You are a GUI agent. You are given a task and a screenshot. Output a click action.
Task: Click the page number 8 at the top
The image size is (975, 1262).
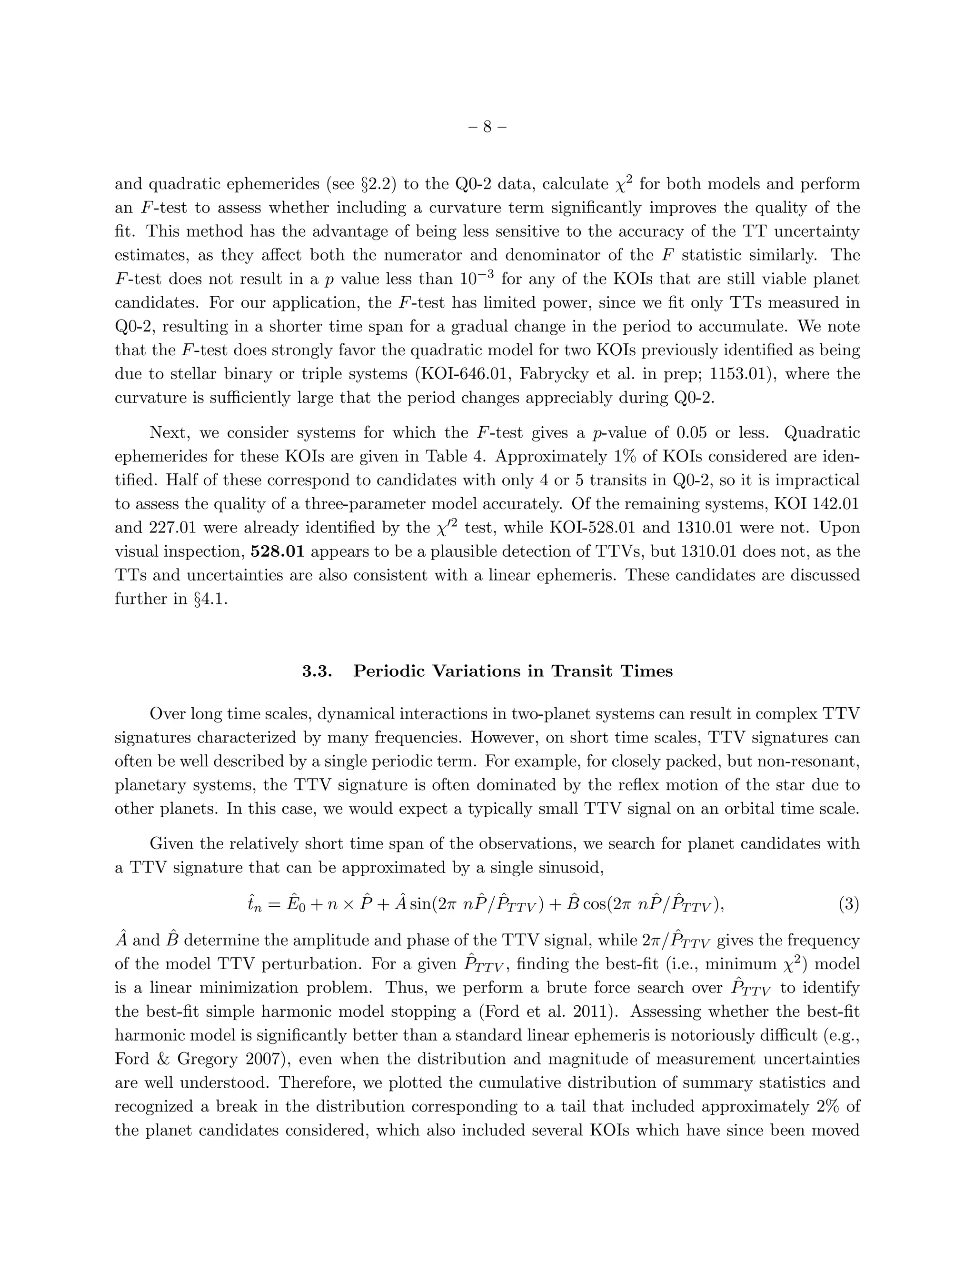(487, 127)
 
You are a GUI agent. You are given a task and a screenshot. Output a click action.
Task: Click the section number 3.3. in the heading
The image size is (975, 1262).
(317, 671)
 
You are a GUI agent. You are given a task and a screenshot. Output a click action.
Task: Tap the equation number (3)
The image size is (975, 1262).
(848, 904)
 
